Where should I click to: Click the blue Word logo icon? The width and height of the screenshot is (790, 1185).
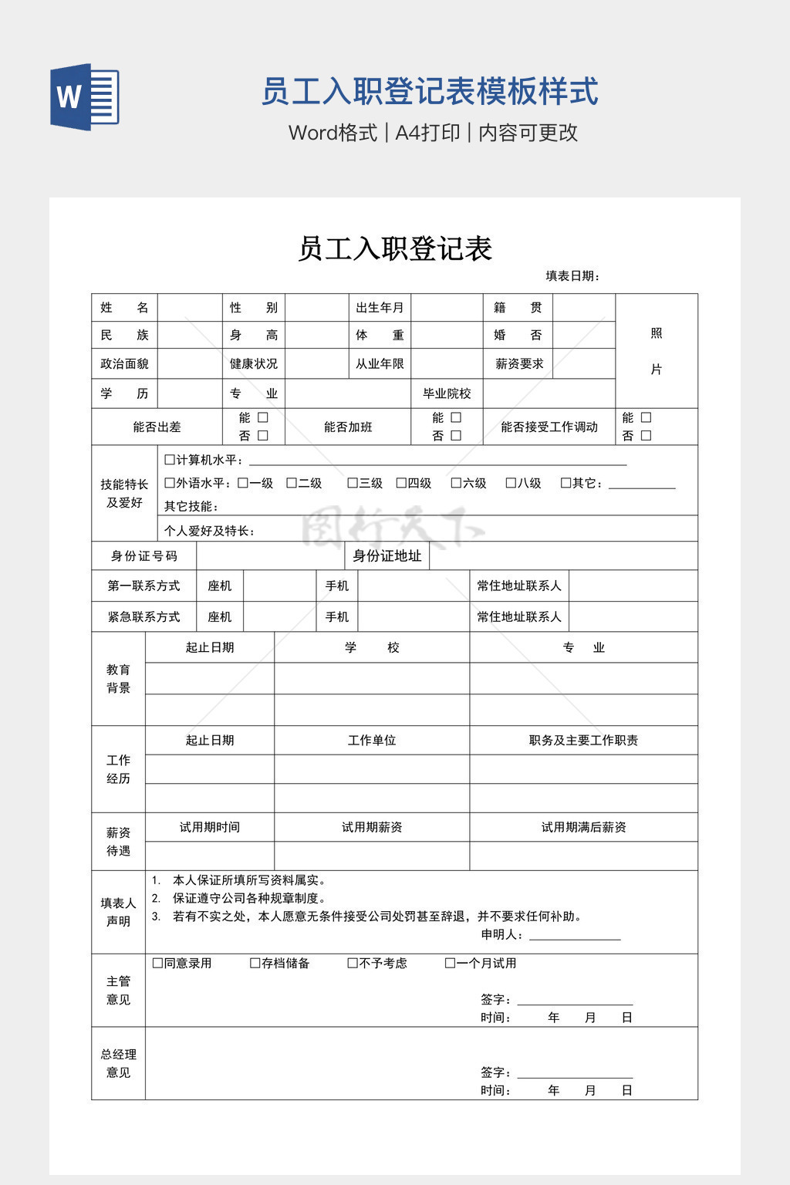(x=84, y=96)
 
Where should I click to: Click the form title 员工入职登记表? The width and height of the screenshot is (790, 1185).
(x=394, y=248)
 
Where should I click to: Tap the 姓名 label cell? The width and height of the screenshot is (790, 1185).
(x=124, y=308)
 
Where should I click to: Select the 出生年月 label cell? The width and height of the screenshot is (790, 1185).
(x=379, y=308)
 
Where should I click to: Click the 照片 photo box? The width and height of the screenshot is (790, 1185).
(x=656, y=351)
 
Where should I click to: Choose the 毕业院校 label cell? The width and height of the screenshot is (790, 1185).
(x=447, y=393)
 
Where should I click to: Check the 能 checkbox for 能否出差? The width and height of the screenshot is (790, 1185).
(x=263, y=417)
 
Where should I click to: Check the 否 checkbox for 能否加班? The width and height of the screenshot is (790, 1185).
(x=456, y=436)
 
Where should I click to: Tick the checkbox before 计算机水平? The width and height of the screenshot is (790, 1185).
(x=170, y=460)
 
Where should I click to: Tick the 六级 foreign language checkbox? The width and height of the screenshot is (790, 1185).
(x=456, y=483)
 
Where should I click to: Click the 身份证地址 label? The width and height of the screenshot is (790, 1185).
(x=387, y=556)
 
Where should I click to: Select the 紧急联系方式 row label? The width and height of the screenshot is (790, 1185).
(x=143, y=617)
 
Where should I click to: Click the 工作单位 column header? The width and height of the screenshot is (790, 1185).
(x=372, y=741)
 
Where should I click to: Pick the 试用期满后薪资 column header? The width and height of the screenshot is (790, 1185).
(x=583, y=827)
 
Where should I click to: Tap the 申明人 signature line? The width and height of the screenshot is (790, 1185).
(x=575, y=935)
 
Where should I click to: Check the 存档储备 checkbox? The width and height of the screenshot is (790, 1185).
(x=255, y=963)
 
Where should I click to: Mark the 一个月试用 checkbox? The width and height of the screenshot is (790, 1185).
(x=451, y=963)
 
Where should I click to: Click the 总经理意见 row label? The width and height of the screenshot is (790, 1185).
(x=118, y=1063)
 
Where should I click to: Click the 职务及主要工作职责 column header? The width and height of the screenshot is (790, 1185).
(x=583, y=741)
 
